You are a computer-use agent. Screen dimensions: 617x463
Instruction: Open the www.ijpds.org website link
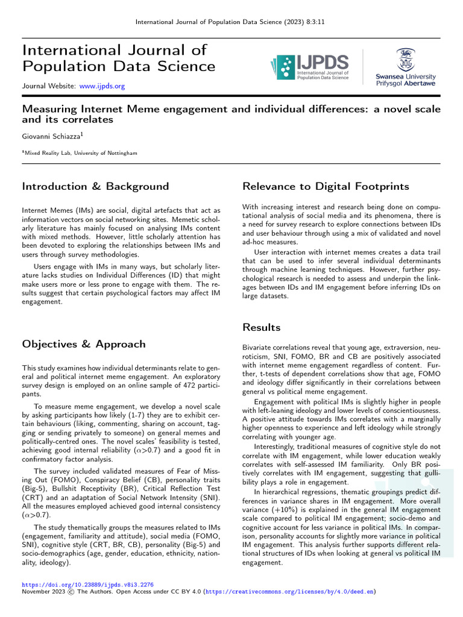tap(102, 86)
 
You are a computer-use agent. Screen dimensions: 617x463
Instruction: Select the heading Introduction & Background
tap(95, 186)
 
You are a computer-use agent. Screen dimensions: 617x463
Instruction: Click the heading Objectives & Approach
tap(84, 344)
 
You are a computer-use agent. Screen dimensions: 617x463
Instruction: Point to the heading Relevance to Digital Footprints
tap(326, 186)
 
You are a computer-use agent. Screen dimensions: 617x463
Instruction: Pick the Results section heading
tap(261, 327)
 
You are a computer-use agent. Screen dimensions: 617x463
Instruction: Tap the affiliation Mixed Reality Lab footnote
tap(80, 153)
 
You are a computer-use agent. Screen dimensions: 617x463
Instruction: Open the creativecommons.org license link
tap(289, 592)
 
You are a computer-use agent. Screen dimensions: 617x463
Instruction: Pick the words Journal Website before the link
tap(48, 86)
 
